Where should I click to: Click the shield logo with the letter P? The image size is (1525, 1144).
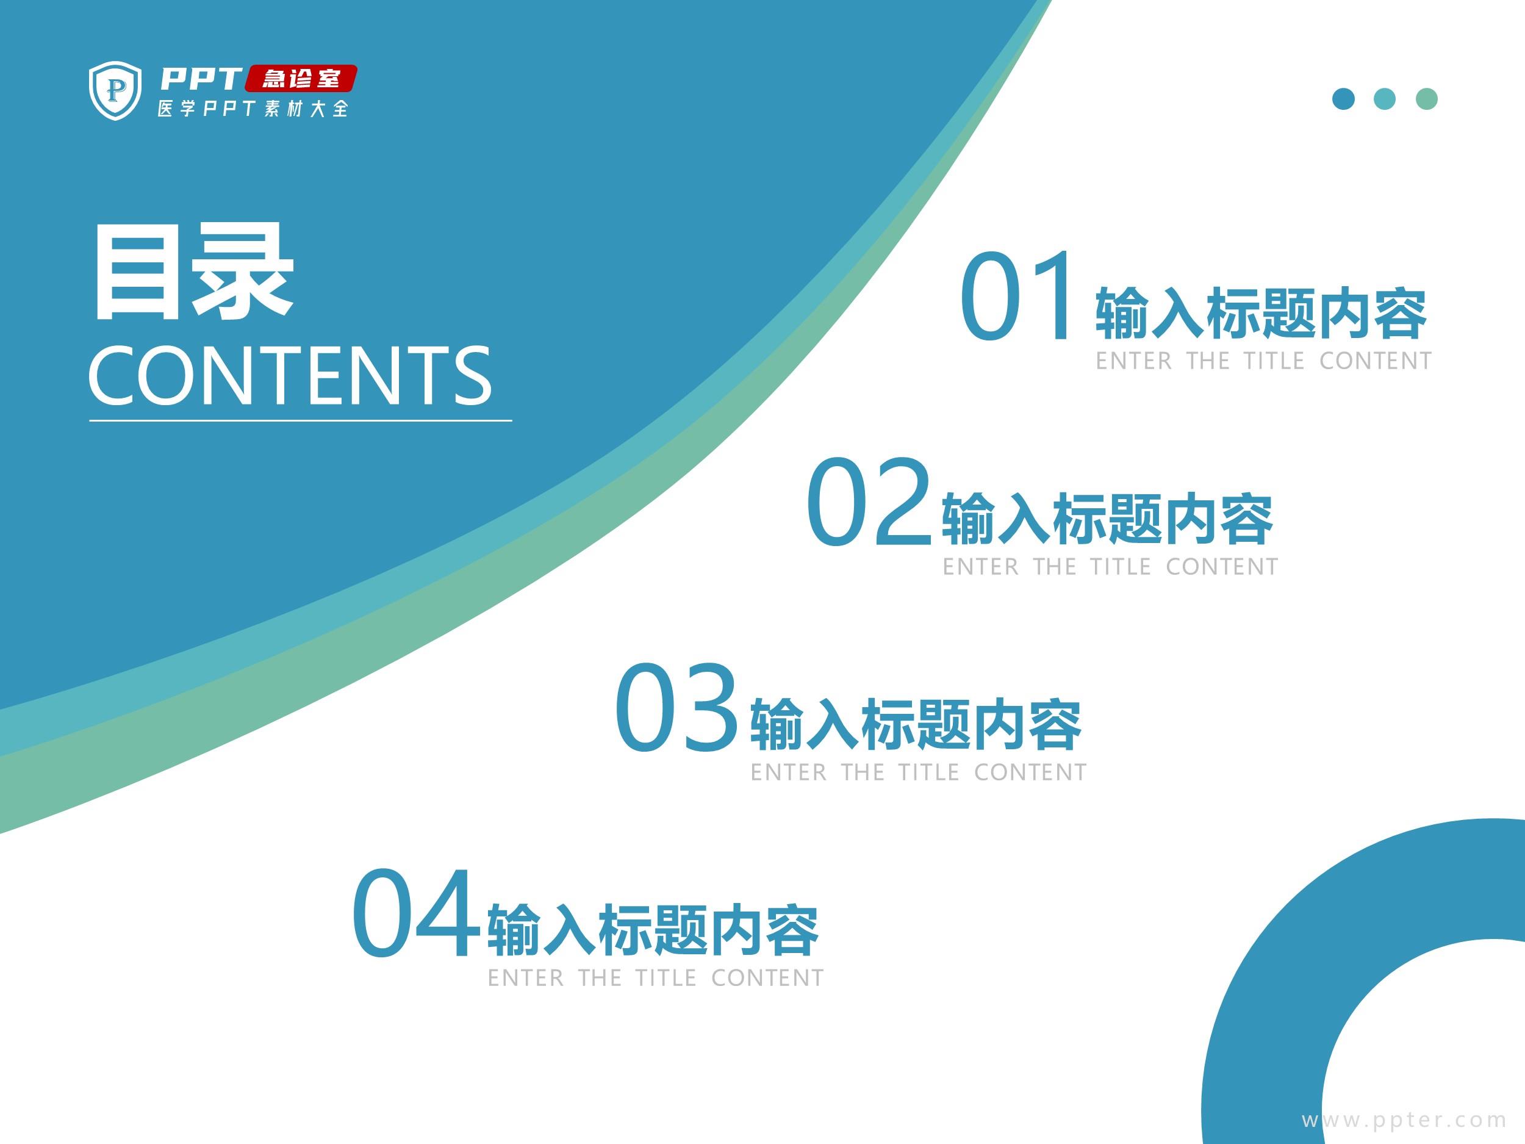(x=115, y=90)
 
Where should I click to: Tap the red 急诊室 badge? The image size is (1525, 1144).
(x=301, y=79)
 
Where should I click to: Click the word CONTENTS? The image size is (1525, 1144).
(x=290, y=376)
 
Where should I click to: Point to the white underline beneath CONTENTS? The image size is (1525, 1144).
(x=301, y=420)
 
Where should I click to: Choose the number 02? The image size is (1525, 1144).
(x=869, y=502)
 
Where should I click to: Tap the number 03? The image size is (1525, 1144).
(x=676, y=706)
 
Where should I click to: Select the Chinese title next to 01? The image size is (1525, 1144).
(x=1261, y=314)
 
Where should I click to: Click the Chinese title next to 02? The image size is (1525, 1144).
(x=1107, y=519)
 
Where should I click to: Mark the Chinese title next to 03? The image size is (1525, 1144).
(x=916, y=724)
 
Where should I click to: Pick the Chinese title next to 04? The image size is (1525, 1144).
(x=653, y=930)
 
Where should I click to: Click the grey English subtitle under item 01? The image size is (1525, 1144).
(x=1264, y=361)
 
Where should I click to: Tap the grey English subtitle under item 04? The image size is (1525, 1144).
(x=656, y=978)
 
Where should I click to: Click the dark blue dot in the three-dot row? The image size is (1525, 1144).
(x=1344, y=99)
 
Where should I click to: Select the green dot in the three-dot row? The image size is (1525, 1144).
(x=1426, y=99)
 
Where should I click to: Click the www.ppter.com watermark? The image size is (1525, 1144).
(x=1404, y=1120)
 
